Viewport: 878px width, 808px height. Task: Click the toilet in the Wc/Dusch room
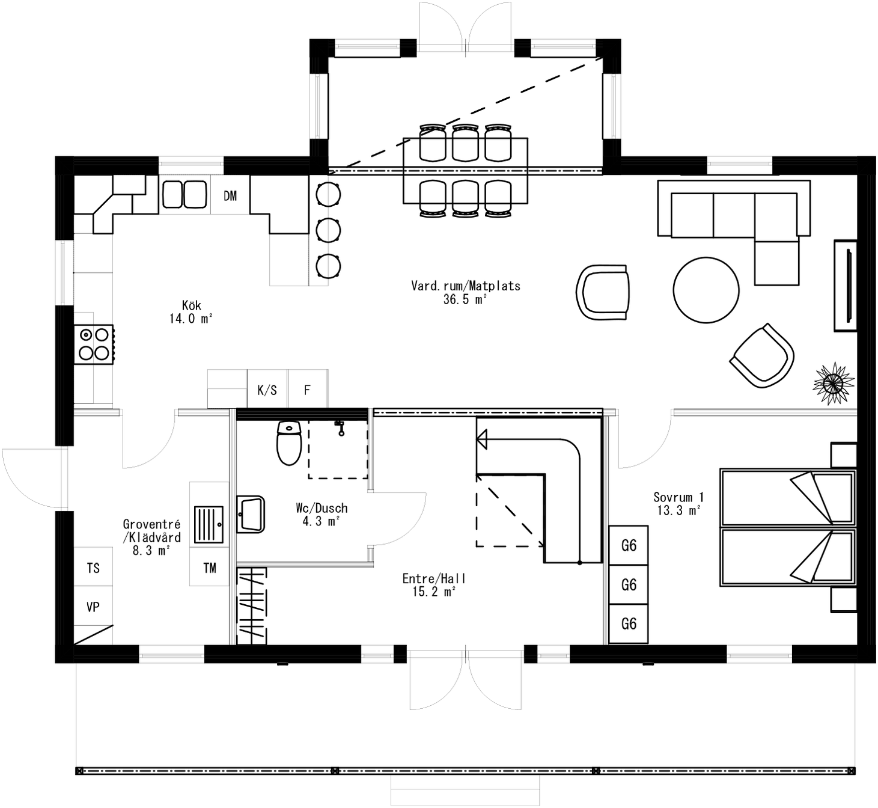point(289,443)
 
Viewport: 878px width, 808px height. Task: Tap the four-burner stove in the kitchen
point(94,344)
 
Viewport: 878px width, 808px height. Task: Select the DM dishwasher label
point(230,196)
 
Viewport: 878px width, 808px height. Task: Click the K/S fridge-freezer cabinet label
point(267,390)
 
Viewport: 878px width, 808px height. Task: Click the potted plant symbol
point(834,382)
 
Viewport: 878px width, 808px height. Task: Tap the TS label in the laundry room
point(93,568)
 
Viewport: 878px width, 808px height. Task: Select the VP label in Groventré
point(93,607)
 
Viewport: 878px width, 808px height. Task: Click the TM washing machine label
point(209,568)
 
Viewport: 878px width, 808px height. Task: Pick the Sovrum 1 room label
point(678,497)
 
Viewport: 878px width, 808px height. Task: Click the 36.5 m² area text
point(465,299)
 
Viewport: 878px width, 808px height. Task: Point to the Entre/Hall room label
point(434,578)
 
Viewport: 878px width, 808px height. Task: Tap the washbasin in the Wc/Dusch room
point(251,514)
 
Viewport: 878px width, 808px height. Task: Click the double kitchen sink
point(184,194)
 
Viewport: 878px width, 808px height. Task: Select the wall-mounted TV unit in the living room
point(846,286)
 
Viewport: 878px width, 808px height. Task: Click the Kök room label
point(192,305)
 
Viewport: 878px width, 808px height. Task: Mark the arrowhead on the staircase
point(482,440)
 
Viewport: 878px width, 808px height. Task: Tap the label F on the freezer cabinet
point(307,390)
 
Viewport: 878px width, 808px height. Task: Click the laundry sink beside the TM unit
point(209,524)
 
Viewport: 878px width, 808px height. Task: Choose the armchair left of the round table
point(603,292)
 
